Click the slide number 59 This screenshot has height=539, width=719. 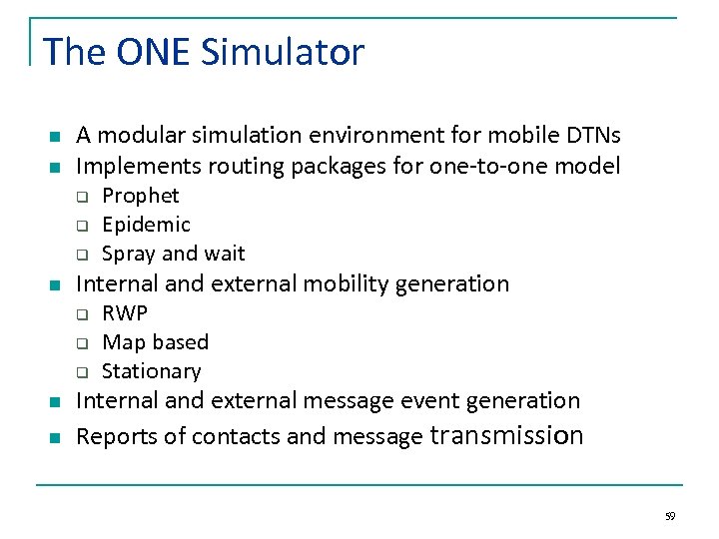(x=670, y=516)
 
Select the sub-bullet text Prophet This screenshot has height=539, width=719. (x=141, y=196)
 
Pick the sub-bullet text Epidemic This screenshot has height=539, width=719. (x=146, y=225)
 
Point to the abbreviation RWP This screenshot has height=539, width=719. (x=125, y=312)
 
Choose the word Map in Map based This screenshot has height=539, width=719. (x=123, y=342)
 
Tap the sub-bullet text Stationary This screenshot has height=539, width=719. (x=152, y=371)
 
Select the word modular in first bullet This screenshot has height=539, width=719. (x=138, y=135)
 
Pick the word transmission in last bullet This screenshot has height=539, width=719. (x=506, y=436)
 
